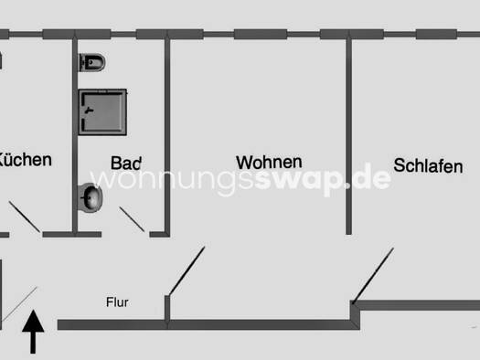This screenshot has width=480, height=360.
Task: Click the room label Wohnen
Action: coord(269,162)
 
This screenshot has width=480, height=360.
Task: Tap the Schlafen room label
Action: coord(428,164)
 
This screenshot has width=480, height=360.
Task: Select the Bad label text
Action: coord(126,163)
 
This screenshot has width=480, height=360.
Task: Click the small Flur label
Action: coord(117,301)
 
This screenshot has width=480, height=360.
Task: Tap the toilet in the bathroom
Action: coord(93,62)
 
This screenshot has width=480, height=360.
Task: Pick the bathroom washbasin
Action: coord(90,196)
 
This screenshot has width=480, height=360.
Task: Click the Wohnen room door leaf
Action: coord(186,271)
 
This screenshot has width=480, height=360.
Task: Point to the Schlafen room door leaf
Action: coord(374,274)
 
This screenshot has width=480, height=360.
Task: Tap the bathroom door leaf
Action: coord(133,220)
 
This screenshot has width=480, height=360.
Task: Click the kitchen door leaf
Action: coord(25,218)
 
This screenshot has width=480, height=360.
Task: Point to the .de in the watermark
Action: coord(371,180)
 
